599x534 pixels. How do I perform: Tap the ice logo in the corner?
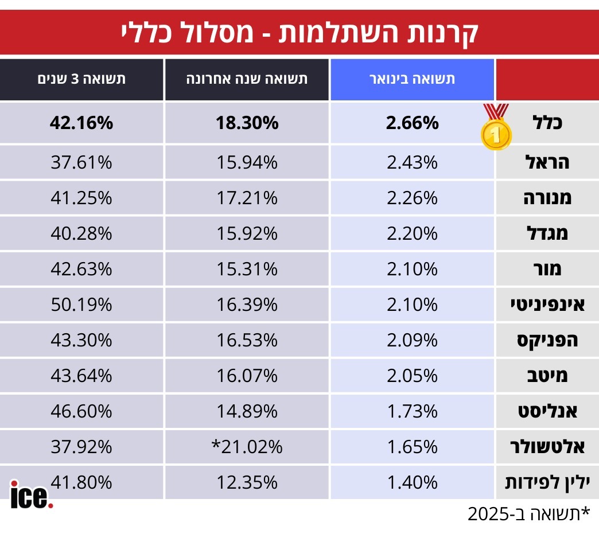pyautogui.click(x=32, y=494)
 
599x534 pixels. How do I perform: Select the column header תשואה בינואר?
pyautogui.click(x=411, y=79)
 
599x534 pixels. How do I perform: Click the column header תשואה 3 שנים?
pyautogui.click(x=81, y=79)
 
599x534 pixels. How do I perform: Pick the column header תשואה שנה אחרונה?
pyautogui.click(x=247, y=79)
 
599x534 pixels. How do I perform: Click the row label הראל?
pyautogui.click(x=547, y=163)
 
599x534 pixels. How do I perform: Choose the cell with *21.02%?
pyautogui.click(x=247, y=447)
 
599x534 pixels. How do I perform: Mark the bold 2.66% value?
pyautogui.click(x=412, y=123)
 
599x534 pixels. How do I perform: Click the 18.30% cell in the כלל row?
pyautogui.click(x=247, y=123)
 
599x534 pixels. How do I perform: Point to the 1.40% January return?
pyautogui.click(x=412, y=482)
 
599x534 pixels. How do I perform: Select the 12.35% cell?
pyautogui.click(x=247, y=482)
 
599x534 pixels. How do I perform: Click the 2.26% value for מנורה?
pyautogui.click(x=412, y=198)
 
